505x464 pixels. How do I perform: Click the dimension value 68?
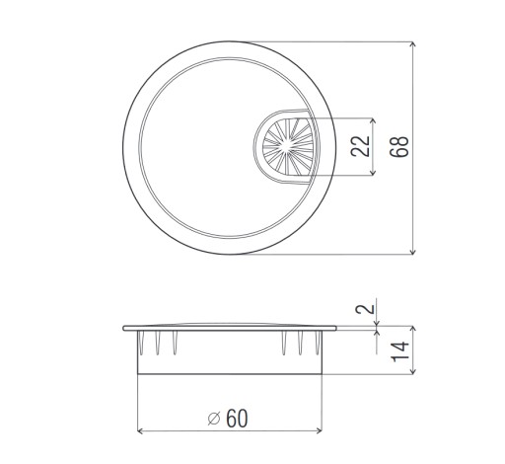point(399,146)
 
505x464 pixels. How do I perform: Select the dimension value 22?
point(360,146)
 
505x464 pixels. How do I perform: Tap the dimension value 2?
point(365,309)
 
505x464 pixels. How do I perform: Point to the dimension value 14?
point(400,351)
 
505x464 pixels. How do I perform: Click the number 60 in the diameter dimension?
point(237,419)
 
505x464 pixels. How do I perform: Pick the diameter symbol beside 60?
point(214,419)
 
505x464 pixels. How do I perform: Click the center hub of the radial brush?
point(287,146)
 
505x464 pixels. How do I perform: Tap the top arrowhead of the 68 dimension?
point(413,45)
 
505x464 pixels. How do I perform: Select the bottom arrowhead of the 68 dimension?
point(413,251)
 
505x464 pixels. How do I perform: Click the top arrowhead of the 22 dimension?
point(373,121)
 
